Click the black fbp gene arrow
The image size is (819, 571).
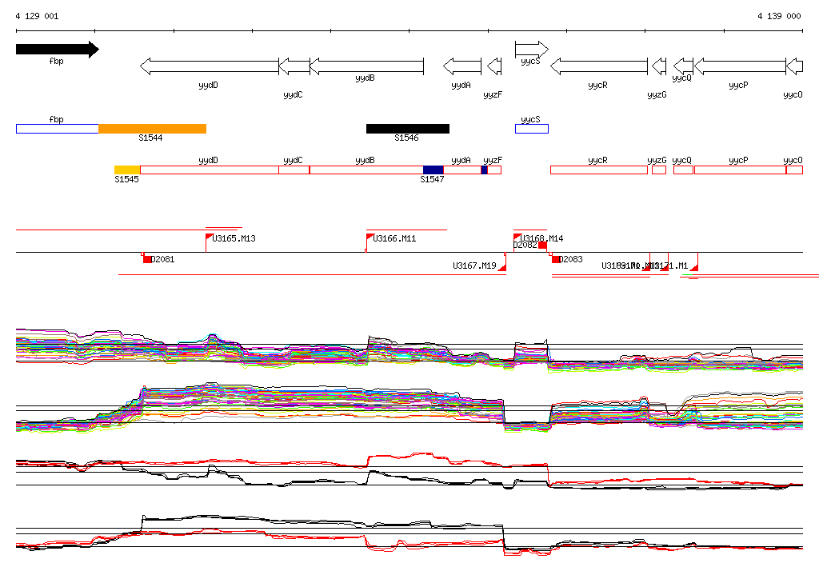56,50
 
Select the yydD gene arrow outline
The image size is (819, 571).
209,66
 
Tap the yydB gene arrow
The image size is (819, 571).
366,66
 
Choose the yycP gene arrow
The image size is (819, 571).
739,66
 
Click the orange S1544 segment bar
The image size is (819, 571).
152,129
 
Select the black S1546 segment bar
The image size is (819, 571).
407,129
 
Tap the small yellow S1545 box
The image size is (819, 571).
127,170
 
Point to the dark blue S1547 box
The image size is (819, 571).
433,170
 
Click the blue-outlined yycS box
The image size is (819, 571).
531,129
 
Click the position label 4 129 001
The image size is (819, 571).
37,16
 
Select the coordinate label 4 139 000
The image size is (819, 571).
778,16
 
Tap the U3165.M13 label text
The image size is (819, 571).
234,238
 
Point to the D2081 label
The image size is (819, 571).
162,259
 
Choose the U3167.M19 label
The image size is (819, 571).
474,266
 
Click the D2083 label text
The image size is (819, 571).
571,259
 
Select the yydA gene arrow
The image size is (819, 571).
461,66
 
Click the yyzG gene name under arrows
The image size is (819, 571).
657,94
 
